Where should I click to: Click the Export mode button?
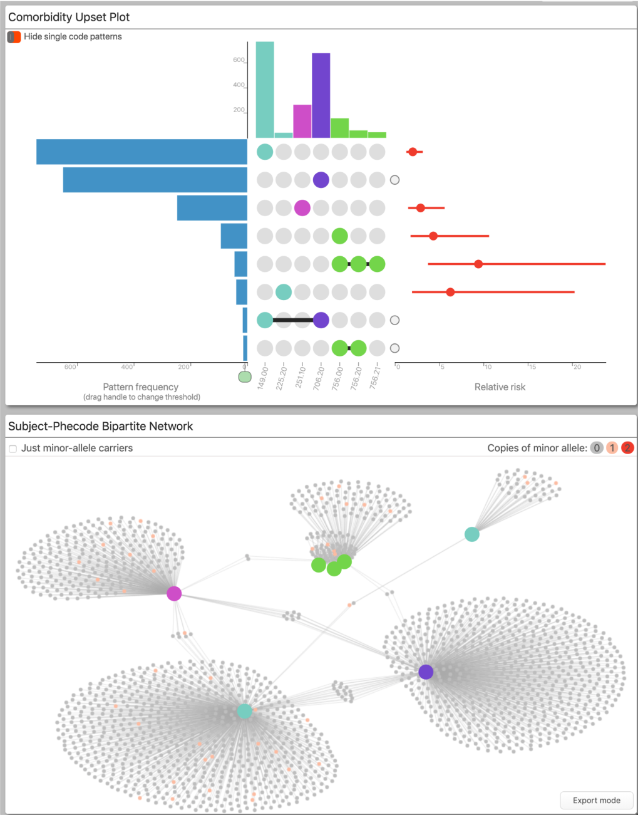596,800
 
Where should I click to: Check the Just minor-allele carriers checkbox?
13,449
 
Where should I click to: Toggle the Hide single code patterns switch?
14,37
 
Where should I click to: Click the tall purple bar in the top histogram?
321,95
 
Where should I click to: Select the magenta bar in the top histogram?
302,121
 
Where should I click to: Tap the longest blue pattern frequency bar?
141,152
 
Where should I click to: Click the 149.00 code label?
263,378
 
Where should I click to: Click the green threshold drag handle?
245,376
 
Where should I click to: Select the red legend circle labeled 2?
627,448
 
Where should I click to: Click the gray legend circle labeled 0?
597,448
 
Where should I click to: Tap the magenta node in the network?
174,593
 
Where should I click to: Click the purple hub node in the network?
426,672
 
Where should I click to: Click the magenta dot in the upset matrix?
302,208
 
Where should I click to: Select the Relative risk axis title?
500,387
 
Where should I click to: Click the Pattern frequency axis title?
141,387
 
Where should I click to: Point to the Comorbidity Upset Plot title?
69,18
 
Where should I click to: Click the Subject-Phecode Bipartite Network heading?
100,427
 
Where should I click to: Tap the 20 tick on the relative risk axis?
577,367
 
